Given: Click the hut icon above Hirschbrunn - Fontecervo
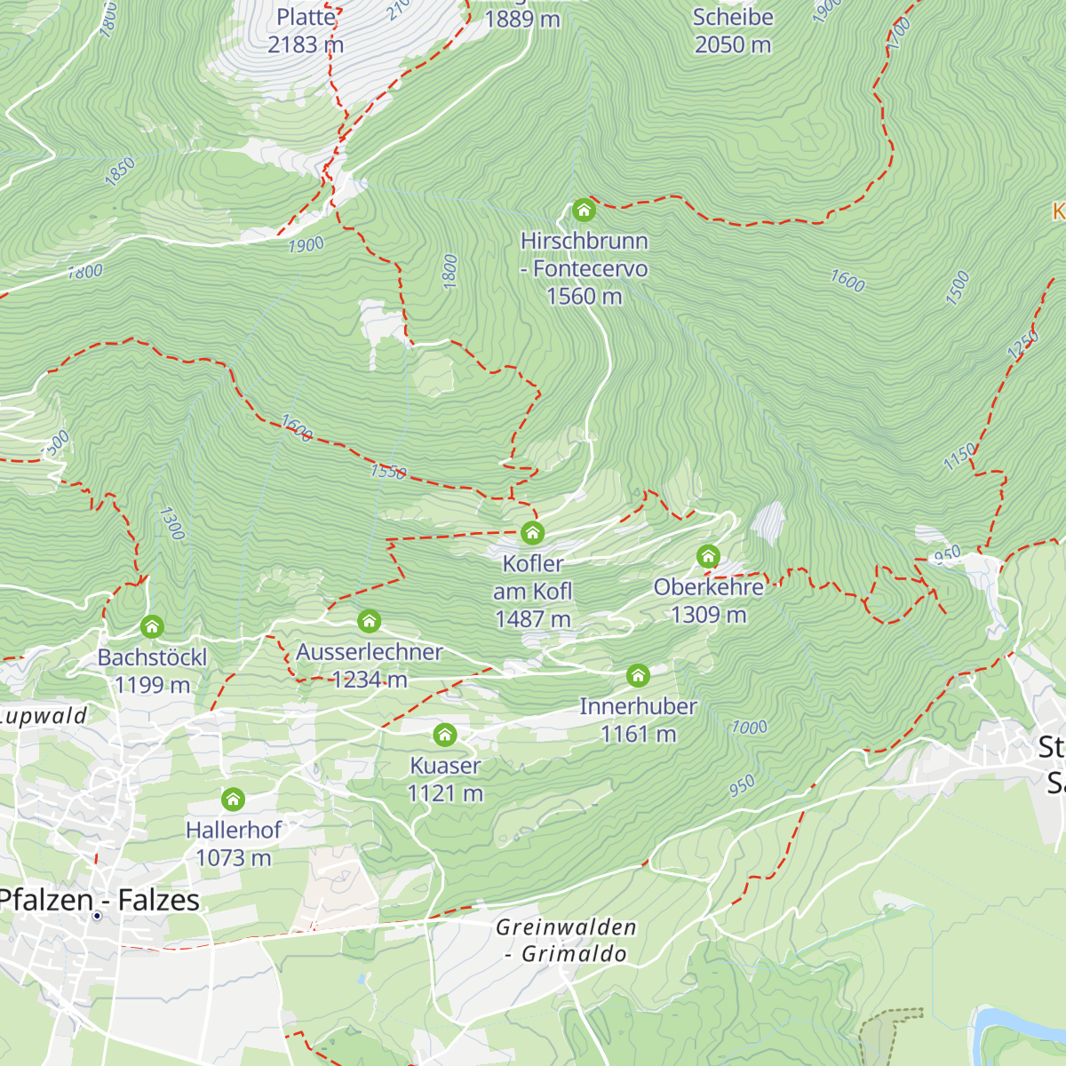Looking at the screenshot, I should click(583, 210).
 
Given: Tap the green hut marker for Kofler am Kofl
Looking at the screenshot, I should click(532, 533).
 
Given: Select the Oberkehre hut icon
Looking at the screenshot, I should click(708, 557).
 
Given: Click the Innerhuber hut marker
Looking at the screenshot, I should click(638, 676).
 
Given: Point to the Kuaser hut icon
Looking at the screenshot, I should click(445, 735).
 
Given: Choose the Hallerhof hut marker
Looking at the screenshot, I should click(233, 799).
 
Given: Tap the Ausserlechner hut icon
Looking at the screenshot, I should click(369, 621).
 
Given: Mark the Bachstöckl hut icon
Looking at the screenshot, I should click(152, 627).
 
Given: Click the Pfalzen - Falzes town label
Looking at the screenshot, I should click(99, 899).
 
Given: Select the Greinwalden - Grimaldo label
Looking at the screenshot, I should click(566, 940).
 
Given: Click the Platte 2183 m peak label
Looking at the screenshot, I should click(306, 30).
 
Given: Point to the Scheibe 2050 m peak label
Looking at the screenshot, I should click(733, 30).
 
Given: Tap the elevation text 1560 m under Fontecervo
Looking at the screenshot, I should click(584, 296).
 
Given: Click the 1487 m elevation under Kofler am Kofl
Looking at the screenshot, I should click(532, 619).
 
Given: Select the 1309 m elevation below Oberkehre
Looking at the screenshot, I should click(708, 615).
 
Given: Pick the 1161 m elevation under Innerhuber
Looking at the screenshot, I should click(638, 734).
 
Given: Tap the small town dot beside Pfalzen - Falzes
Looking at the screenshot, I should click(96, 916).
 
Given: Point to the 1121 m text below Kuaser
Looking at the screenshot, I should click(445, 793).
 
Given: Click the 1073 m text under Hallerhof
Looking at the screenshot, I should click(233, 858).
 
